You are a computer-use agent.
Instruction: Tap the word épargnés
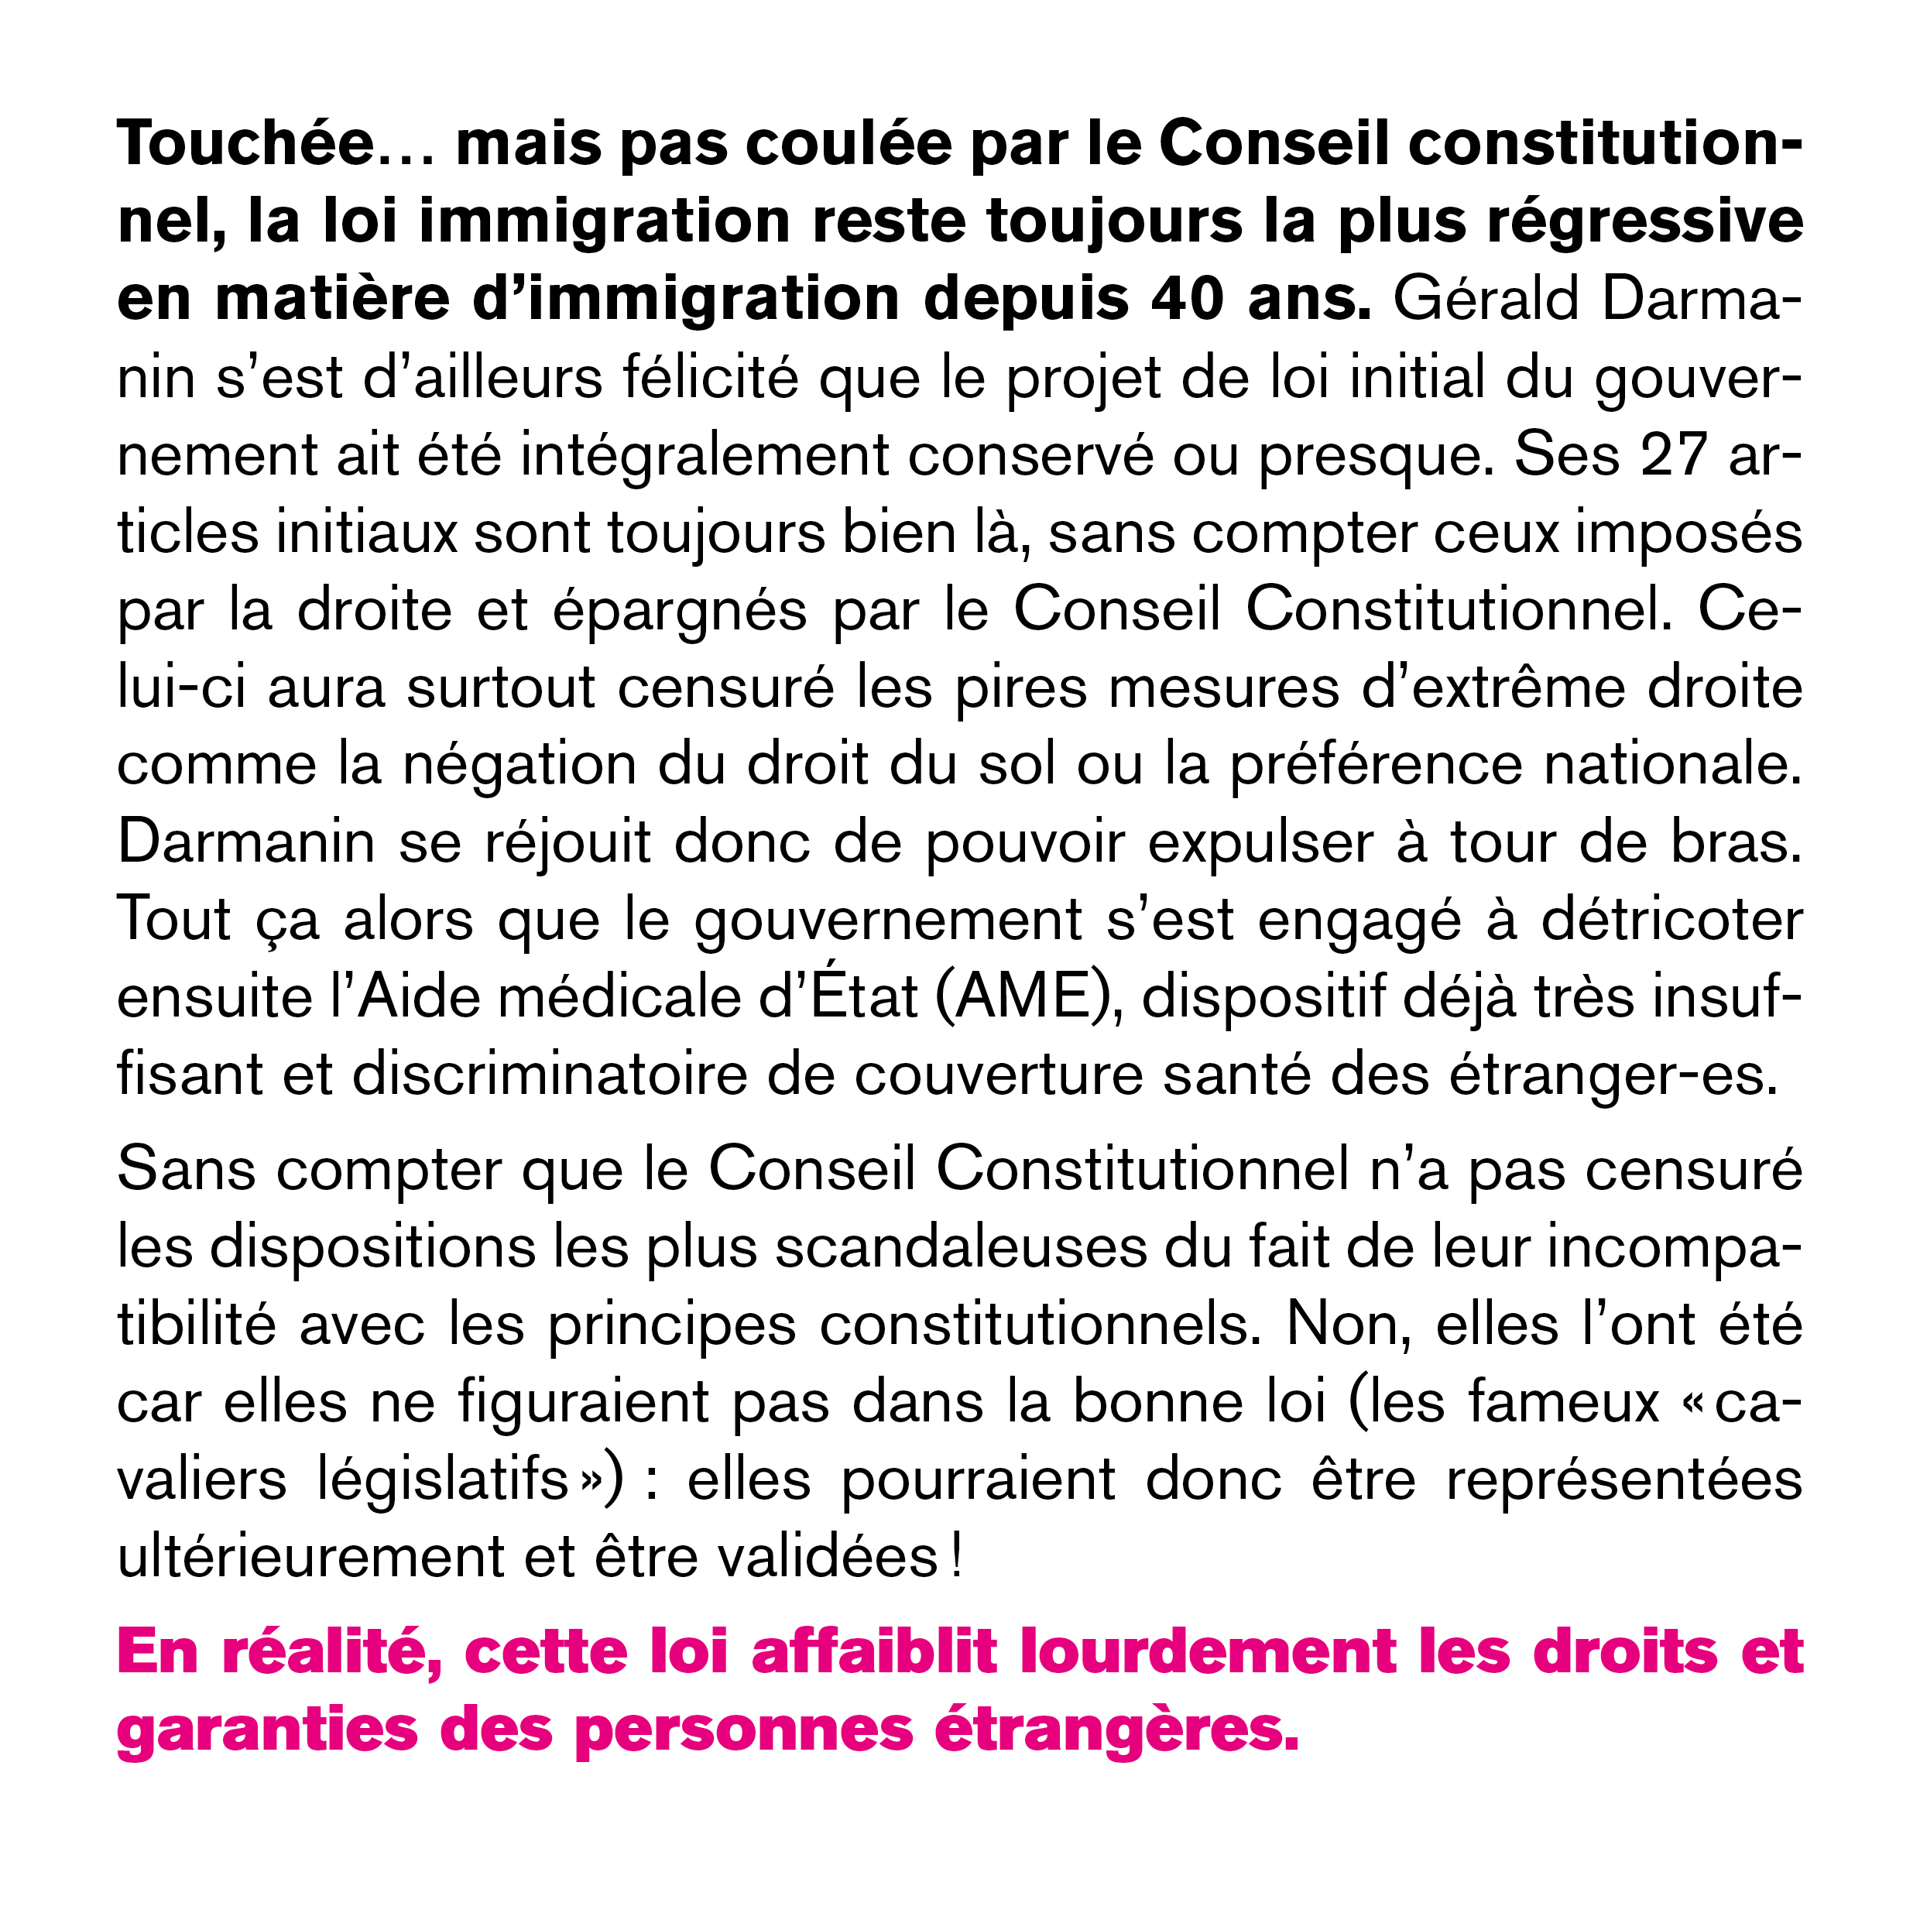pos(680,610)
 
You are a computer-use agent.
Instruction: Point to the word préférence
pos(1377,765)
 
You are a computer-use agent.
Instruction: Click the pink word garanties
pos(267,1730)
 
